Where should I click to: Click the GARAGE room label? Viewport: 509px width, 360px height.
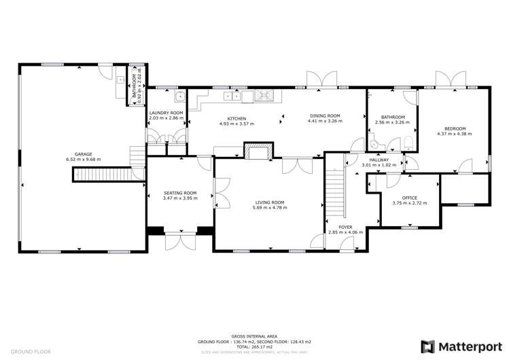click(x=79, y=154)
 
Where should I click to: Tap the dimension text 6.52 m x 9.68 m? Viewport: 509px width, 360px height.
click(x=79, y=160)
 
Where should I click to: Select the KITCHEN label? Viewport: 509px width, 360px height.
click(x=236, y=119)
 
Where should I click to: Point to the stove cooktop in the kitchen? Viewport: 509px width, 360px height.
click(x=265, y=96)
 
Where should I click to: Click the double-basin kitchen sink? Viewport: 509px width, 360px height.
click(x=232, y=96)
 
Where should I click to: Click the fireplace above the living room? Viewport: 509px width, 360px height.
click(x=258, y=152)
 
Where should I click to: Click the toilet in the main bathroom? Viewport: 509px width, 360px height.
click(x=406, y=142)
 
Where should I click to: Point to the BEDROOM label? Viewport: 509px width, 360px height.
click(x=455, y=128)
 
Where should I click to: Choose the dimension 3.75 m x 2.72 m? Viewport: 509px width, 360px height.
click(x=409, y=203)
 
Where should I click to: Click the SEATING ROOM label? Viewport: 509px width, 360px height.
click(x=180, y=194)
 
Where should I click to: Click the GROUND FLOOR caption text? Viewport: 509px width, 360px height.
click(x=31, y=352)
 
